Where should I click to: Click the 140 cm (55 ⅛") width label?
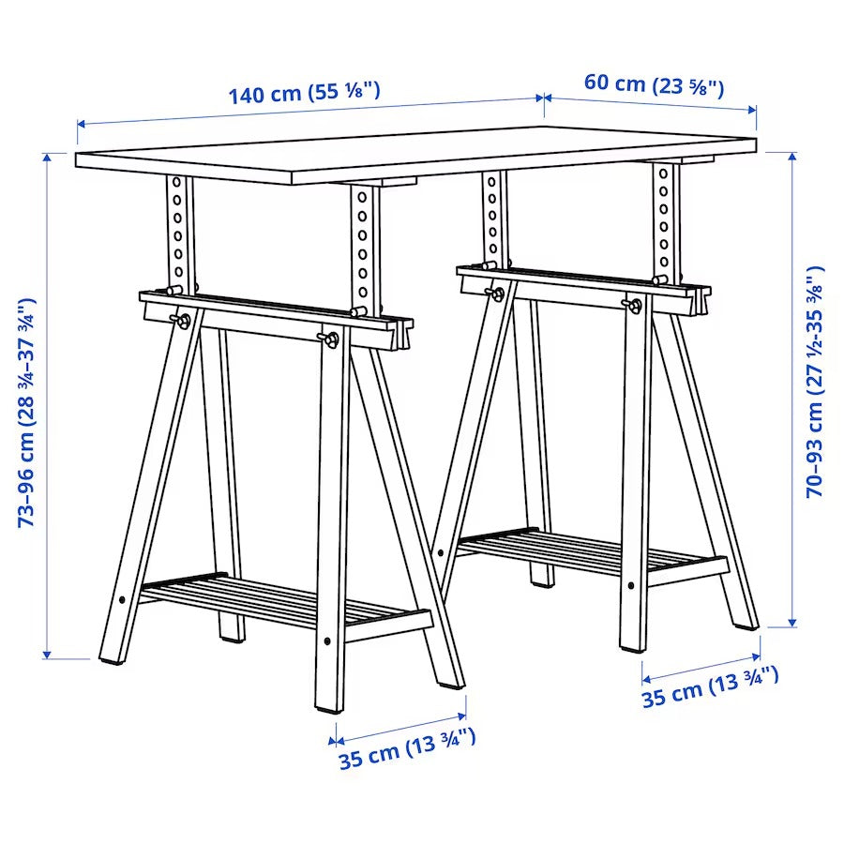[304, 93]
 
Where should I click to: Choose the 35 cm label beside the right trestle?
[710, 688]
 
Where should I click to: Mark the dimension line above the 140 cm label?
[309, 110]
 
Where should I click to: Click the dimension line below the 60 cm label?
[651, 102]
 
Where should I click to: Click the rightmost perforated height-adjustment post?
[664, 220]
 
